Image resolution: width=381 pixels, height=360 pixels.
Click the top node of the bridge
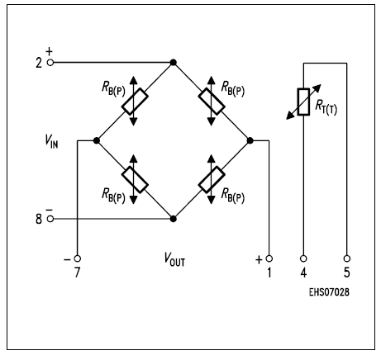[x=173, y=63]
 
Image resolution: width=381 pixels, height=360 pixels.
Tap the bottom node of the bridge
[x=173, y=219]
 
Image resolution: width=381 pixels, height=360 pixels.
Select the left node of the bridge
[x=97, y=141]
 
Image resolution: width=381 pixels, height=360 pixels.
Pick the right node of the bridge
[x=249, y=141]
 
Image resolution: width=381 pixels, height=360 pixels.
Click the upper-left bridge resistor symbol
[x=135, y=102]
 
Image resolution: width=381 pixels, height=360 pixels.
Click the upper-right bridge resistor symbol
[x=211, y=102]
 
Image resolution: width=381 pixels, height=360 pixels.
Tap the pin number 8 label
[x=38, y=219]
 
